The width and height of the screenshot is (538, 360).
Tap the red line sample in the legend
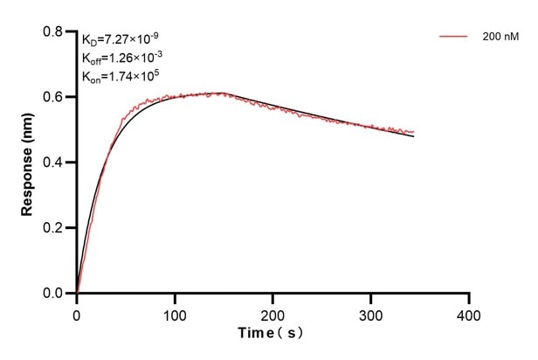click(454, 38)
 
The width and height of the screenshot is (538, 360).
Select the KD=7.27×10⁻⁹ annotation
click(121, 39)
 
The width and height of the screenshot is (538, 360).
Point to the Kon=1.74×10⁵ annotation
click(120, 77)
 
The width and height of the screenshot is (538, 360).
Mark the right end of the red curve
click(414, 132)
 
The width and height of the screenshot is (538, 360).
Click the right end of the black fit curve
click(414, 137)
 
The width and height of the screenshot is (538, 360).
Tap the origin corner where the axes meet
click(77, 294)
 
